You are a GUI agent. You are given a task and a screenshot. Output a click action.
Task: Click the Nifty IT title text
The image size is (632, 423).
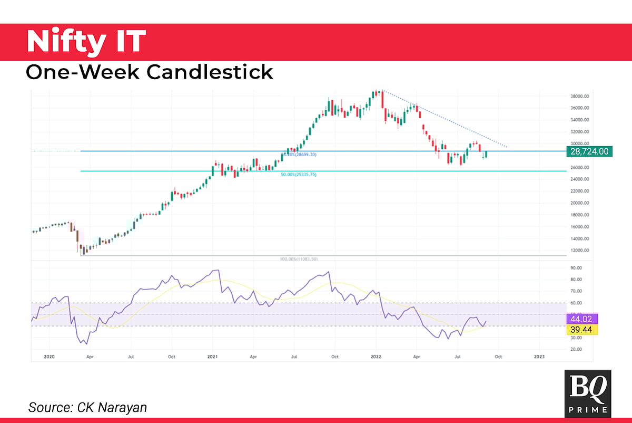(x=85, y=41)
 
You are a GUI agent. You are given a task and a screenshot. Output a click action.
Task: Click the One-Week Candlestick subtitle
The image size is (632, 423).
(x=149, y=71)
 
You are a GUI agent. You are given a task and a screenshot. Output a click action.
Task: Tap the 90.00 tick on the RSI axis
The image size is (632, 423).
(x=576, y=268)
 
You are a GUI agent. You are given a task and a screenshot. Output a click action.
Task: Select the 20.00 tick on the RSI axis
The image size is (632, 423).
(x=576, y=349)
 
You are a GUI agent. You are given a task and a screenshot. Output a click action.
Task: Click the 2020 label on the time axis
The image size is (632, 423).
(x=49, y=357)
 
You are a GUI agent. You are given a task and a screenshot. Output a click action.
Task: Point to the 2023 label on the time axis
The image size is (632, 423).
(x=539, y=357)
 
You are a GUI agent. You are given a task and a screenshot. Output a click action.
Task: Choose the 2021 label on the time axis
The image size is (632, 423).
(x=212, y=357)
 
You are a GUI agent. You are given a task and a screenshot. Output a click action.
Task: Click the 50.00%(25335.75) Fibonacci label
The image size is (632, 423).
(x=299, y=174)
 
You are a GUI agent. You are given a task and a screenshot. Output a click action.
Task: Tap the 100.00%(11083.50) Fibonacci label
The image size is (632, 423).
(x=299, y=259)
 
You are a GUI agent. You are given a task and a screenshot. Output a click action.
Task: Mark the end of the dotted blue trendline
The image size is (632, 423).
(x=507, y=147)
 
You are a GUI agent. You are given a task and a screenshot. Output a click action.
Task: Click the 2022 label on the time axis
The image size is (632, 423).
(x=376, y=357)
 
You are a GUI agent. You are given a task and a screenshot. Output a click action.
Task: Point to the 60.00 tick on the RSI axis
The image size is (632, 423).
(x=576, y=303)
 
